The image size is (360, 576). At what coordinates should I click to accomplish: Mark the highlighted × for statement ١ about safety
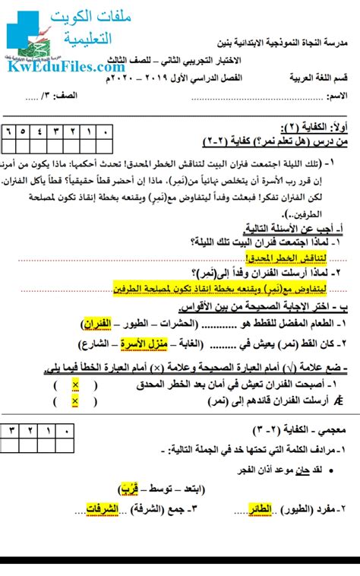75,385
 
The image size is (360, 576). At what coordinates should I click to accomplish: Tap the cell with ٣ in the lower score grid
11,431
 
